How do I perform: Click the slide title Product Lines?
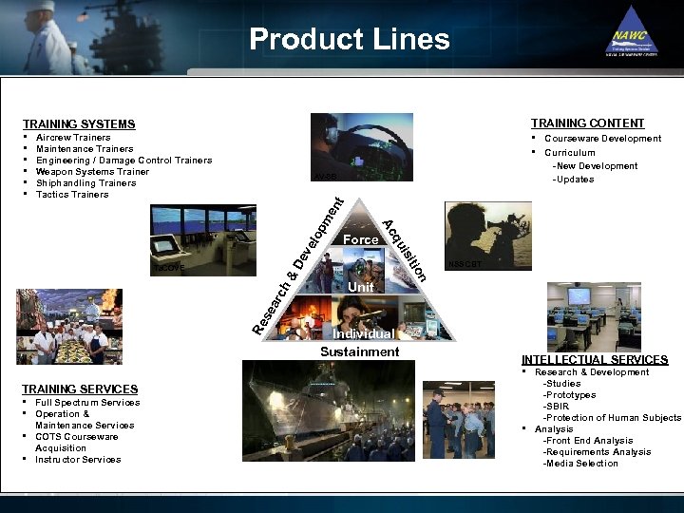click(x=349, y=39)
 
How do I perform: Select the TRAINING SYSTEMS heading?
click(x=79, y=124)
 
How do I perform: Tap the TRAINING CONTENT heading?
click(x=587, y=123)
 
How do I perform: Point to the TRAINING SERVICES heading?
click(x=80, y=389)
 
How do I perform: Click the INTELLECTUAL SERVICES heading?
click(x=595, y=360)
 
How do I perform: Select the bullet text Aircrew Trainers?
click(x=73, y=138)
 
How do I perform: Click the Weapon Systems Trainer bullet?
click(x=92, y=172)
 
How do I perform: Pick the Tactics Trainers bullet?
click(x=72, y=195)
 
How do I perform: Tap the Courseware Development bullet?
click(x=602, y=139)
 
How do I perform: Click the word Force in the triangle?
click(x=361, y=240)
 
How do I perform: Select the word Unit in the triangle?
click(x=361, y=287)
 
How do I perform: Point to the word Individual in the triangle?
click(x=363, y=334)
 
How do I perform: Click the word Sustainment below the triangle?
click(x=360, y=351)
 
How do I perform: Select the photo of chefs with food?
click(x=69, y=328)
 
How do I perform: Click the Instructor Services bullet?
click(x=78, y=460)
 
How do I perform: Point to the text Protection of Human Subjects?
click(x=612, y=418)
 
